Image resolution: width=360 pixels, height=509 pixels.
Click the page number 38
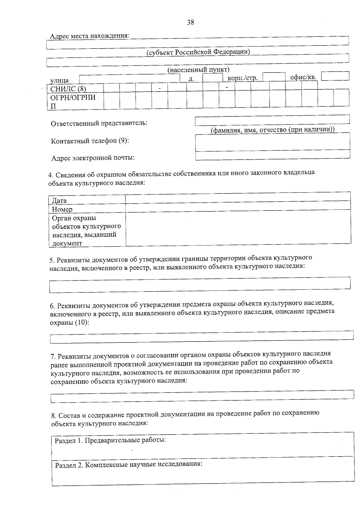(190, 22)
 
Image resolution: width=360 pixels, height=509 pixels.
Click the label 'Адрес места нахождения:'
(90, 36)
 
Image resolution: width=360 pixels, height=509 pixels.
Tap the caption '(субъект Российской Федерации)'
(198, 52)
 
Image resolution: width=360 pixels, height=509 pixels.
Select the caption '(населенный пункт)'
(198, 70)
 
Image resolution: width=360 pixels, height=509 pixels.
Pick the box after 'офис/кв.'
(335, 76)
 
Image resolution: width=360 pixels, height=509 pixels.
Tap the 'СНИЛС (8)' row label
(68, 89)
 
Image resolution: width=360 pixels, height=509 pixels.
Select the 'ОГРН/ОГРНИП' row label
(73, 101)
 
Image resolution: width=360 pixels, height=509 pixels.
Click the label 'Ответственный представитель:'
(99, 123)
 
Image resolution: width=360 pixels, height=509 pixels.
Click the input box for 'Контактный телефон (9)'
(272, 142)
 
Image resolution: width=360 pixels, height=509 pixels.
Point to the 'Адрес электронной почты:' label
(93, 158)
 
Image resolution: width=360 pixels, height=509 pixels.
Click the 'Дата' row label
(59, 200)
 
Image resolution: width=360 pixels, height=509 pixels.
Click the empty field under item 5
(200, 284)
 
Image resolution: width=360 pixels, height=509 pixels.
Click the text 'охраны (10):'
(70, 323)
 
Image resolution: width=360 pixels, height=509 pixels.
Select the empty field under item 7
(202, 395)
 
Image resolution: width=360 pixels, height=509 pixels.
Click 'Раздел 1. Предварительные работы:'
(110, 440)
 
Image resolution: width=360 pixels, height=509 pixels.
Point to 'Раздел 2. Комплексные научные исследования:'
(128, 465)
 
